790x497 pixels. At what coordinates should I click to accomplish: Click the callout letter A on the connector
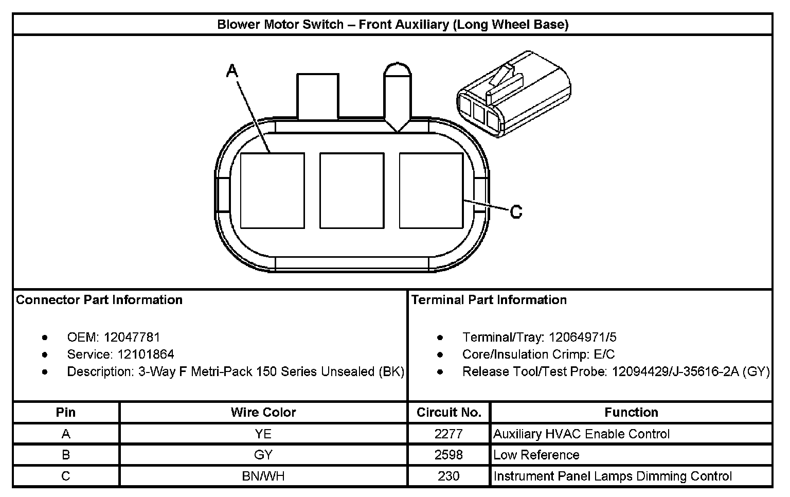232,70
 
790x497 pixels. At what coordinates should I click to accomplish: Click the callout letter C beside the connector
516,211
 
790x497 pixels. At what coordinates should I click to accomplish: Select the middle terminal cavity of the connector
352,190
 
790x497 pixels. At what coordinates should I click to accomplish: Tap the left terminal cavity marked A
272,190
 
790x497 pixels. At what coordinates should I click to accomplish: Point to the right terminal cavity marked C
431,190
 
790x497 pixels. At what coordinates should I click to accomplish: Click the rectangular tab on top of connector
317,96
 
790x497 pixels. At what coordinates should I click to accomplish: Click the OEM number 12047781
132,338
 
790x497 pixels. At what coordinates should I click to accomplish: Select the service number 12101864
146,354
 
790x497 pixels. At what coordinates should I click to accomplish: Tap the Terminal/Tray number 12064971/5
582,338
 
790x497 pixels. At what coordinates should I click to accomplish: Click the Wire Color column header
263,413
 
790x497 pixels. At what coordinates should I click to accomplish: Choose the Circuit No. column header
448,413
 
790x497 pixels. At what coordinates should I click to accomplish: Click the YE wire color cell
263,434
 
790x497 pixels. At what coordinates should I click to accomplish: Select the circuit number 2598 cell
448,455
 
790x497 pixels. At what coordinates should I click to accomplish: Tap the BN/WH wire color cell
263,476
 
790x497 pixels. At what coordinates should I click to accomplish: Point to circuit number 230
448,476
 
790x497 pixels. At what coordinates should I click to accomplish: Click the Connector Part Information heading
99,300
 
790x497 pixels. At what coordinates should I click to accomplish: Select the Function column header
631,413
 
